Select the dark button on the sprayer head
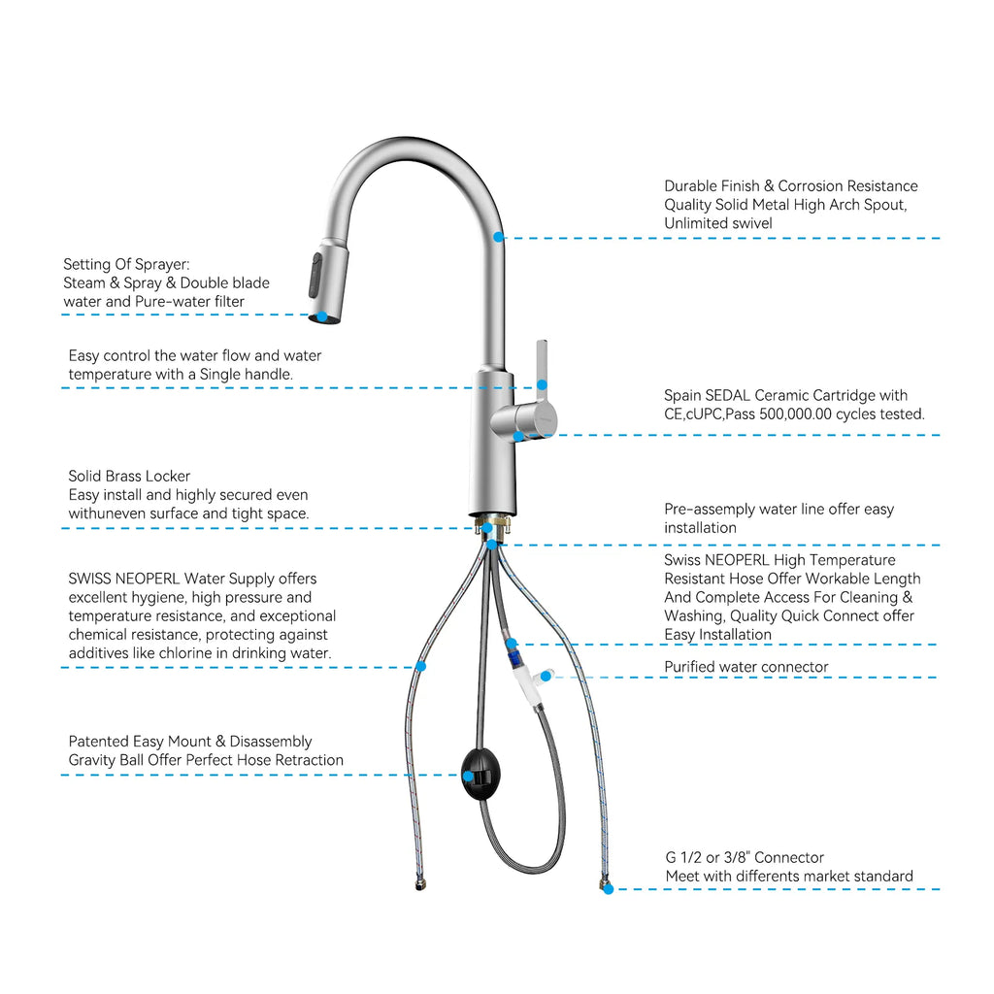[315, 275]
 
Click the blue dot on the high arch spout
[498, 237]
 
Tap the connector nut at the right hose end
[606, 886]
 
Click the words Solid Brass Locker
[129, 476]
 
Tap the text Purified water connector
[745, 667]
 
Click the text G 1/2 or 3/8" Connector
[744, 857]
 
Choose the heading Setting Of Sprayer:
[125, 264]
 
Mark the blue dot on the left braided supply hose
[420, 667]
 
